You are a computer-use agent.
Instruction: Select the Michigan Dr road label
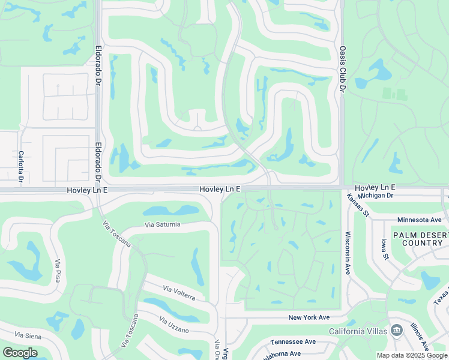click(x=375, y=196)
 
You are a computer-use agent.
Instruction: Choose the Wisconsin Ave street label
click(x=347, y=253)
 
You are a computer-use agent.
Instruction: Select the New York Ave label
click(x=309, y=317)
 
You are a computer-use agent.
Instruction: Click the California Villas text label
click(x=358, y=331)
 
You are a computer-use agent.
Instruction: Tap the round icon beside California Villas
click(x=396, y=331)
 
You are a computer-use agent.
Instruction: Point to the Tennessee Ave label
click(x=293, y=341)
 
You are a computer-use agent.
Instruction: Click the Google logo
click(x=20, y=352)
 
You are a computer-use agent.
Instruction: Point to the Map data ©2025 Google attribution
click(x=412, y=355)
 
